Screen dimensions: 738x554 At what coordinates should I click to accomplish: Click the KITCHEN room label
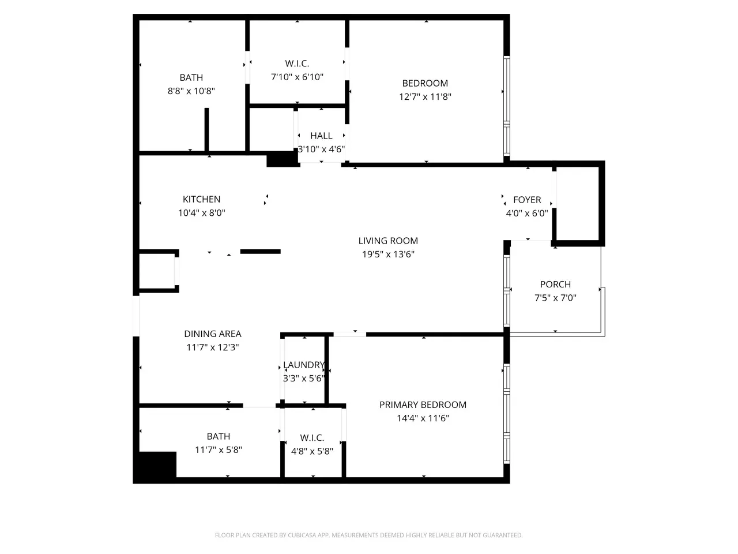click(x=201, y=199)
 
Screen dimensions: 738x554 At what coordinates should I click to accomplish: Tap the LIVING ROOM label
click(x=388, y=241)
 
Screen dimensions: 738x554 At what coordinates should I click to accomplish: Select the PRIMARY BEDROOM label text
click(x=423, y=405)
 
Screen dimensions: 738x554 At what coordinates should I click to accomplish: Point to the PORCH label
click(x=555, y=285)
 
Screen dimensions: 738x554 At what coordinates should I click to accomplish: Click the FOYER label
click(x=527, y=200)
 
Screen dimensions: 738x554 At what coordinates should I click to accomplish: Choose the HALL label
click(x=321, y=136)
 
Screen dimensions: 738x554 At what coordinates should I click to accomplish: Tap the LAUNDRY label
click(x=304, y=365)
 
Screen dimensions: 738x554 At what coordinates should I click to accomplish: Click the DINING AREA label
click(x=213, y=334)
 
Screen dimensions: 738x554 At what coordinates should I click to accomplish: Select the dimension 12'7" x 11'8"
click(x=425, y=97)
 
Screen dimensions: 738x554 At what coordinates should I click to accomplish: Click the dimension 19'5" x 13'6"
click(x=388, y=254)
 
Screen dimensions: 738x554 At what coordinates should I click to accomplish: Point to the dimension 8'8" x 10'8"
click(x=191, y=91)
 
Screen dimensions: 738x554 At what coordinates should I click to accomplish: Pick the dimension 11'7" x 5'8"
click(x=219, y=450)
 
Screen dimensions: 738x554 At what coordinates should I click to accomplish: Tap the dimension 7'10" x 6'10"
click(x=297, y=77)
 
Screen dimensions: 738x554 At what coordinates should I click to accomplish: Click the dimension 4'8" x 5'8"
click(x=312, y=451)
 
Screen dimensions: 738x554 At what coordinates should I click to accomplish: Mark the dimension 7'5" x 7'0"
click(x=555, y=298)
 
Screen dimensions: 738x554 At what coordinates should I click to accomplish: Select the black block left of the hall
click(x=283, y=159)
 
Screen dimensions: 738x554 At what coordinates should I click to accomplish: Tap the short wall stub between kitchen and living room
click(x=260, y=252)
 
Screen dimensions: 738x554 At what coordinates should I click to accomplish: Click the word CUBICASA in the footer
click(x=303, y=535)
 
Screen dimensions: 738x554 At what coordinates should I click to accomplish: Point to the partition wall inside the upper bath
click(x=207, y=130)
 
